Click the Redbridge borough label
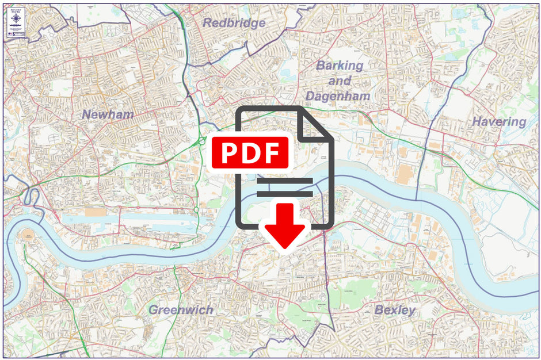tap(234, 23)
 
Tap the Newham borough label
tap(108, 114)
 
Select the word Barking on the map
tap(340, 66)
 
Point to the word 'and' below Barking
tap(340, 81)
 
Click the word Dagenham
tap(338, 96)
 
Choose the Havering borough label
tap(499, 122)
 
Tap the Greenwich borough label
tap(181, 310)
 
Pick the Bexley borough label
tap(395, 310)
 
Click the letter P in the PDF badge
tap(230, 153)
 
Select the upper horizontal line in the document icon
tap(284, 181)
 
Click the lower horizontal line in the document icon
tap(284, 194)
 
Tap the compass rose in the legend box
tap(15, 18)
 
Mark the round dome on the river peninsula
tap(28, 237)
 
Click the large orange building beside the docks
tap(95, 212)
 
